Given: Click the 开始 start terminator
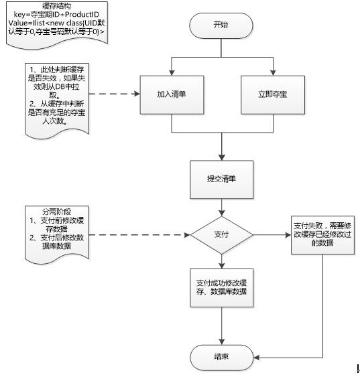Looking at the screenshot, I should [x=222, y=26].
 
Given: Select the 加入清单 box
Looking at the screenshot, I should [x=172, y=93].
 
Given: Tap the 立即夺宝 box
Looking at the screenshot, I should [x=272, y=93].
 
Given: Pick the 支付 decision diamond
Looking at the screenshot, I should [x=221, y=235].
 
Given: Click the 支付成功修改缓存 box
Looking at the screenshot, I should [x=221, y=287].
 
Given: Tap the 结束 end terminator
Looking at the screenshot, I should [x=221, y=357].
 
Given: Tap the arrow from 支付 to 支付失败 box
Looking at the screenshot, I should [x=272, y=235].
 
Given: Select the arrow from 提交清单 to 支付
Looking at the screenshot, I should [x=221, y=207].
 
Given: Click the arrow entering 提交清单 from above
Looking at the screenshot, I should [x=221, y=147].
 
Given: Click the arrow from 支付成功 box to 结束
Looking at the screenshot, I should [x=221, y=325].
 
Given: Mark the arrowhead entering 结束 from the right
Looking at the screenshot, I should [x=255, y=357].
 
